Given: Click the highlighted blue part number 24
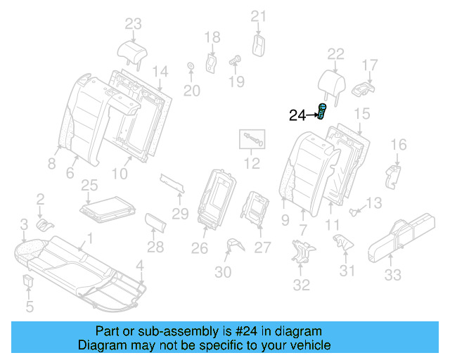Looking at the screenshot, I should [x=322, y=112].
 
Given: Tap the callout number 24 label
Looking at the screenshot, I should [x=299, y=116].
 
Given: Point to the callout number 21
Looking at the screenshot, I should [x=259, y=16].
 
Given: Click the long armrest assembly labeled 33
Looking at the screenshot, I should [x=401, y=238].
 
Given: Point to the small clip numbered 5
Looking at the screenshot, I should [x=29, y=282].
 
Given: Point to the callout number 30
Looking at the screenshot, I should [x=223, y=273].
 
